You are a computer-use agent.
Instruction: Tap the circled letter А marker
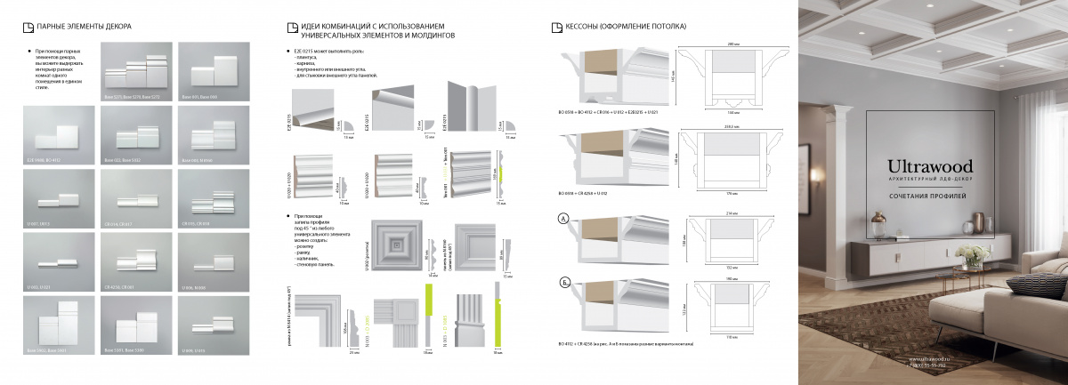(562, 219)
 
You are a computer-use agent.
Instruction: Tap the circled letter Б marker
(562, 283)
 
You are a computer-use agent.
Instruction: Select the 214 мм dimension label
(732, 214)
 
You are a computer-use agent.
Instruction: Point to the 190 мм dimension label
(733, 277)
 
